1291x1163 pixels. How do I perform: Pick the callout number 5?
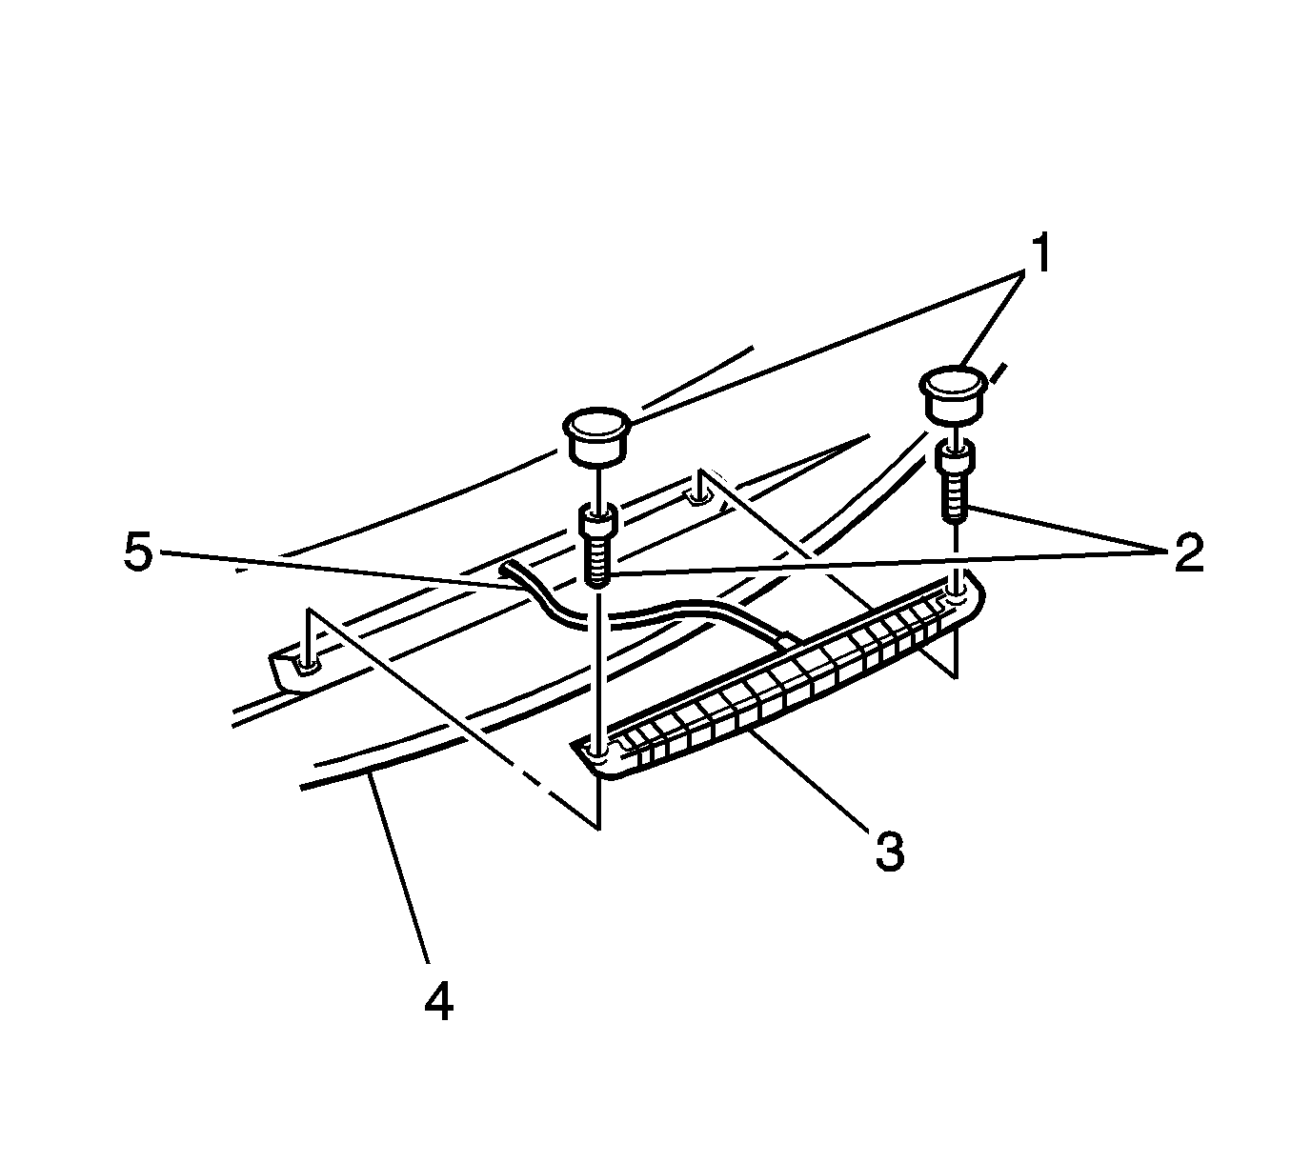point(138,553)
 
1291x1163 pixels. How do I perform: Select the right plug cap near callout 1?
point(950,392)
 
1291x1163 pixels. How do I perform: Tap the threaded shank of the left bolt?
point(597,561)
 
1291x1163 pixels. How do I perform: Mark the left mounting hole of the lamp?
point(597,753)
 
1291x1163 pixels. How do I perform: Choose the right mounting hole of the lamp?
point(958,597)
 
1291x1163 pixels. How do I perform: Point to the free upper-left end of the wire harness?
point(506,571)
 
